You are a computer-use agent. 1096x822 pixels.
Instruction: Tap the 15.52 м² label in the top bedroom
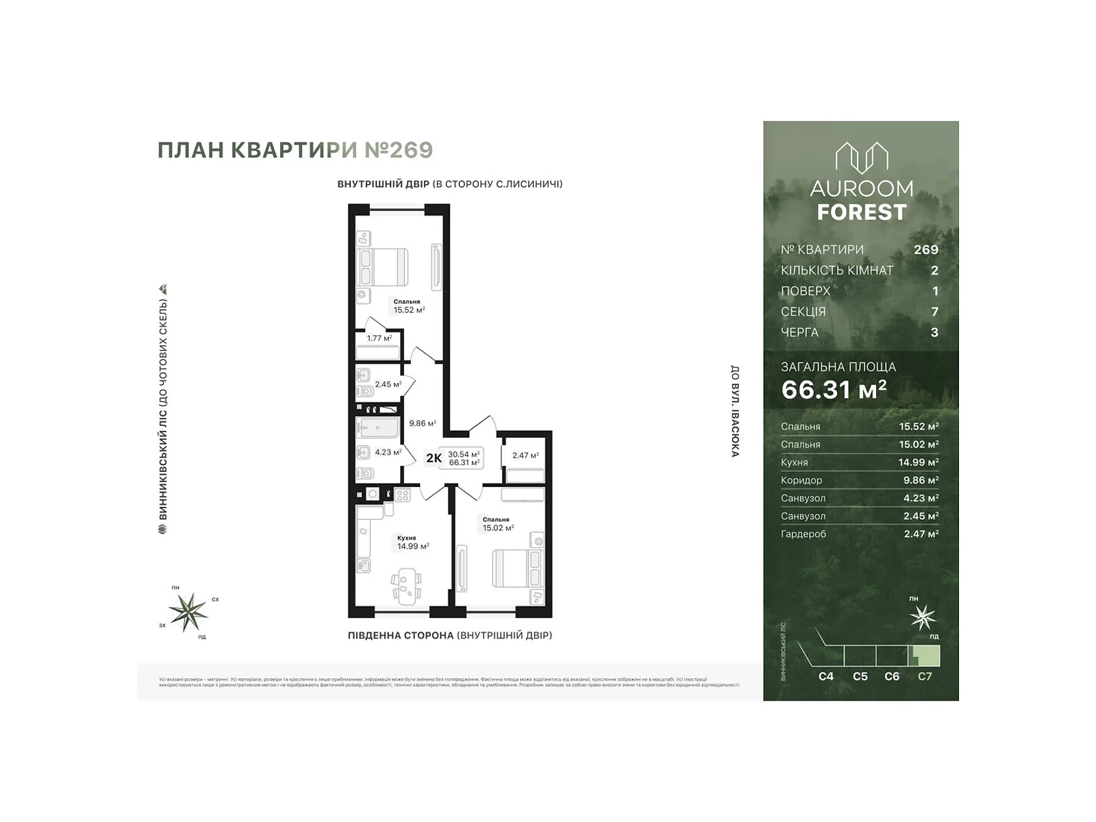[x=409, y=310]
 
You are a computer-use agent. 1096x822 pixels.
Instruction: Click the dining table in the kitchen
[x=406, y=586]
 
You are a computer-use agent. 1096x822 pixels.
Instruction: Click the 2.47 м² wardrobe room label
[x=525, y=455]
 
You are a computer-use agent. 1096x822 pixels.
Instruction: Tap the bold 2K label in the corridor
[x=434, y=458]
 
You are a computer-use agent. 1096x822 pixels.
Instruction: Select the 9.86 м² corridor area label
[x=423, y=423]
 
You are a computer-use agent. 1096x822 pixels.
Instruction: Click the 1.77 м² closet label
[x=379, y=338]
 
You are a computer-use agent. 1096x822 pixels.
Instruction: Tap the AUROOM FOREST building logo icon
[x=861, y=158]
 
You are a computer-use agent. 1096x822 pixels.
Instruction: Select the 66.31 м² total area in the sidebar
[x=834, y=390]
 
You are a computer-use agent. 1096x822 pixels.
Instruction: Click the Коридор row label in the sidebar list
[x=801, y=480]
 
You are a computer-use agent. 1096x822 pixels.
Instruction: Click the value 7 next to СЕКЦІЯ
[x=934, y=312]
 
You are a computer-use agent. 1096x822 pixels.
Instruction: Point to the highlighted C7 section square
[x=925, y=656]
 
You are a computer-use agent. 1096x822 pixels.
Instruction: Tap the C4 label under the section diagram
[x=826, y=676]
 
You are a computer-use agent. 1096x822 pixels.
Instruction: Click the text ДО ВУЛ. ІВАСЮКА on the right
[x=734, y=411]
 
